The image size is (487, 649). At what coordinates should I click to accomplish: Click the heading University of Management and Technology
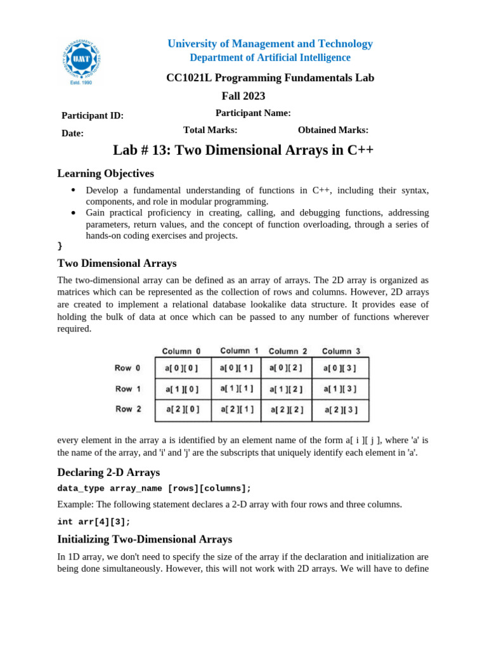click(270, 44)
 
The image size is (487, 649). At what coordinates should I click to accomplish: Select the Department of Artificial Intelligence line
click(270, 58)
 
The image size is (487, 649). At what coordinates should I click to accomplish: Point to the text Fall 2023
click(243, 96)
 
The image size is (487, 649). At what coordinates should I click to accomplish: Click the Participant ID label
click(92, 115)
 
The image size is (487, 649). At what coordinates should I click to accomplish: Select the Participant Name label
click(253, 113)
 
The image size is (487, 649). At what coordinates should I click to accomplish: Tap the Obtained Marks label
click(333, 130)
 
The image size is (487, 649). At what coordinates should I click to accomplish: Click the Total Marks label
click(210, 130)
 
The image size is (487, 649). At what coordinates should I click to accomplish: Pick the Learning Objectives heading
click(105, 173)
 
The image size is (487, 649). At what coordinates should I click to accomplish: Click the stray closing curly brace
click(60, 245)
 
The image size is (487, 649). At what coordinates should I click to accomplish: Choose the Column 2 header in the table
click(288, 351)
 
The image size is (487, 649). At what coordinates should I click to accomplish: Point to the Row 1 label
click(127, 389)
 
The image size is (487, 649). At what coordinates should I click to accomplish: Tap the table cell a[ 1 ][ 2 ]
click(287, 389)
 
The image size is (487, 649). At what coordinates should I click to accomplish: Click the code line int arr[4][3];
click(94, 522)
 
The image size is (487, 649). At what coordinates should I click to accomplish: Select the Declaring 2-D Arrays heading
click(108, 472)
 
